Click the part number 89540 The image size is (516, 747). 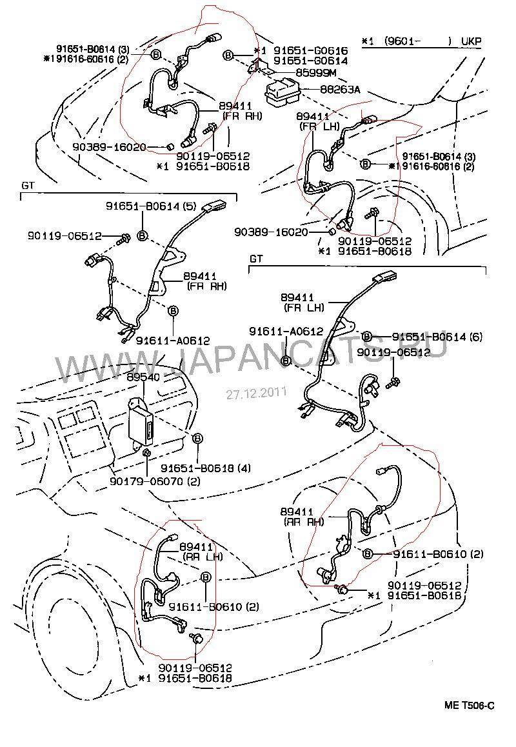click(143, 376)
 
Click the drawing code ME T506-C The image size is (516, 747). click(469, 705)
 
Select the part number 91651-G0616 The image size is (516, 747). click(310, 50)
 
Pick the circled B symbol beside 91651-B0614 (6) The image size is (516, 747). click(366, 336)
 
